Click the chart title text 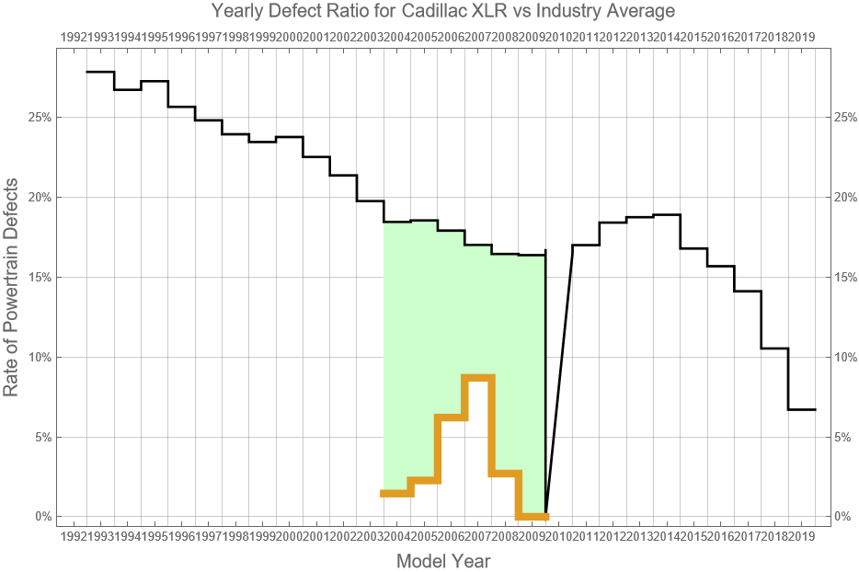442,11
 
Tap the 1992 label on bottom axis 74,535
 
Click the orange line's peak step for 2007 478,377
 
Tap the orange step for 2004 397,494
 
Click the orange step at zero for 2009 533,516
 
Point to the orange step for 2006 452,418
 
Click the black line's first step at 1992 100,72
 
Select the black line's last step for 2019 802,409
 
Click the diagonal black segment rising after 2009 559,381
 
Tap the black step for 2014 667,214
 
